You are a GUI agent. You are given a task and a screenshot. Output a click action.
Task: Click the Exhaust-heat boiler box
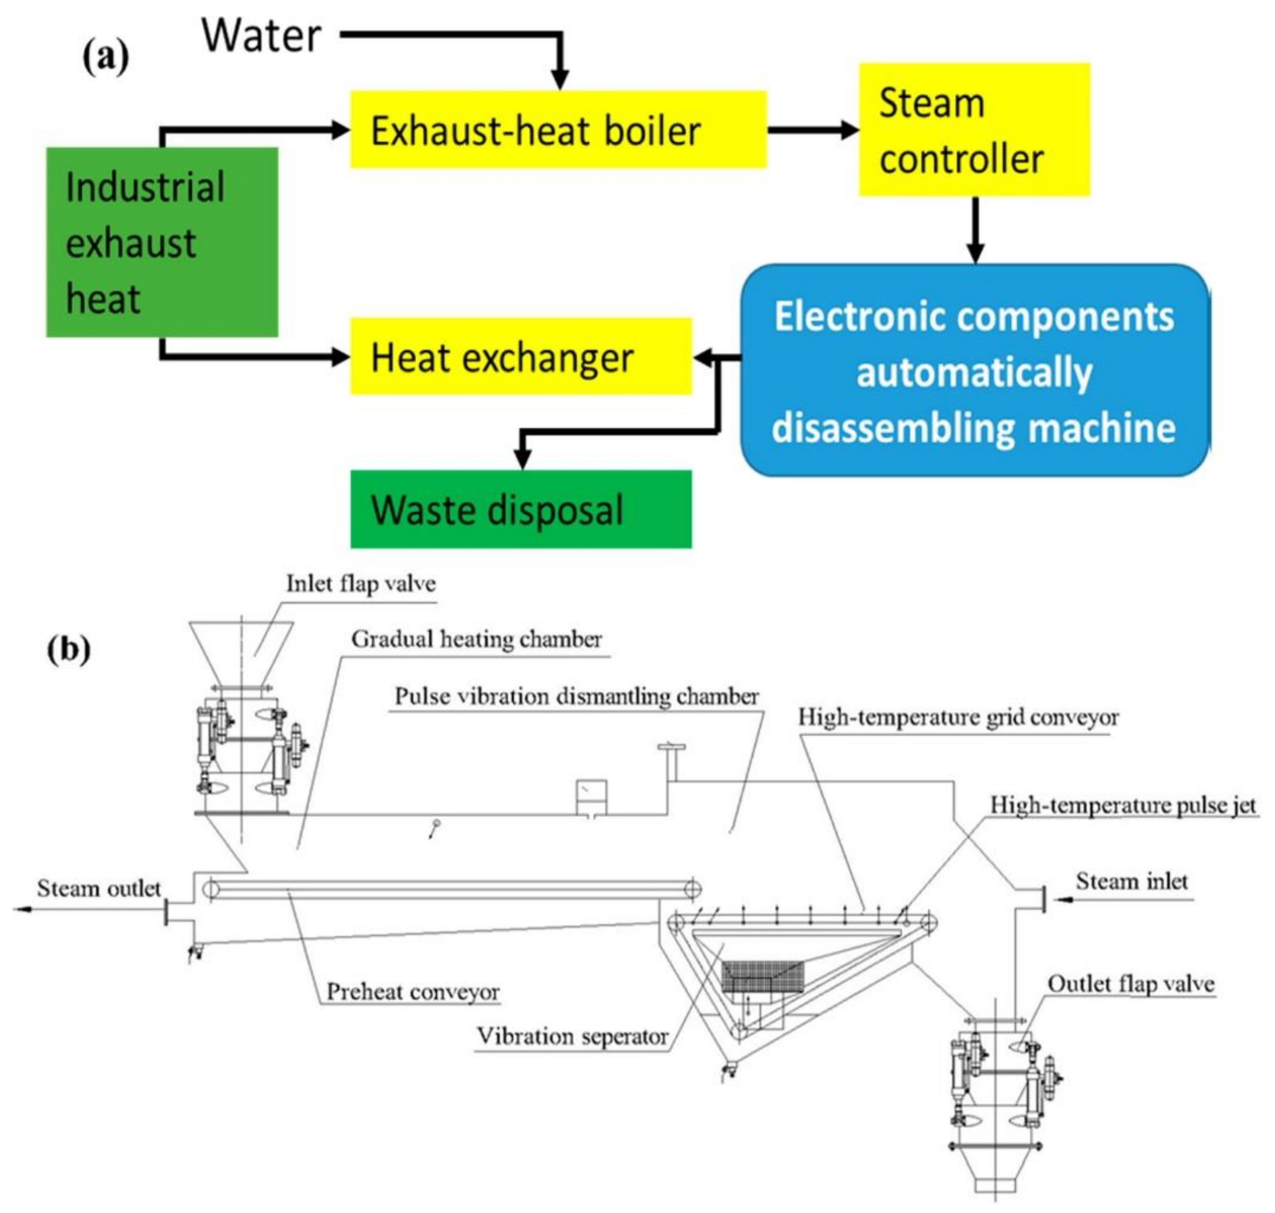558,130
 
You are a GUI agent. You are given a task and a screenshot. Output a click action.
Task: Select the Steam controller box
974,130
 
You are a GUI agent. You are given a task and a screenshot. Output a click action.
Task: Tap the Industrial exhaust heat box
162,243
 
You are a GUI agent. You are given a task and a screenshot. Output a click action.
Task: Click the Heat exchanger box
520,356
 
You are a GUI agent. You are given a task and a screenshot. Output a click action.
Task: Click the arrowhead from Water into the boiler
560,79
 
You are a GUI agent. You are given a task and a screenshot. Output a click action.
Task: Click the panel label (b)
68,649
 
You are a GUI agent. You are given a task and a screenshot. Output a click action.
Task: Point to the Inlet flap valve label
361,583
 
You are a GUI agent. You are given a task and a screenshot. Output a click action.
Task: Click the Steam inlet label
1132,881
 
